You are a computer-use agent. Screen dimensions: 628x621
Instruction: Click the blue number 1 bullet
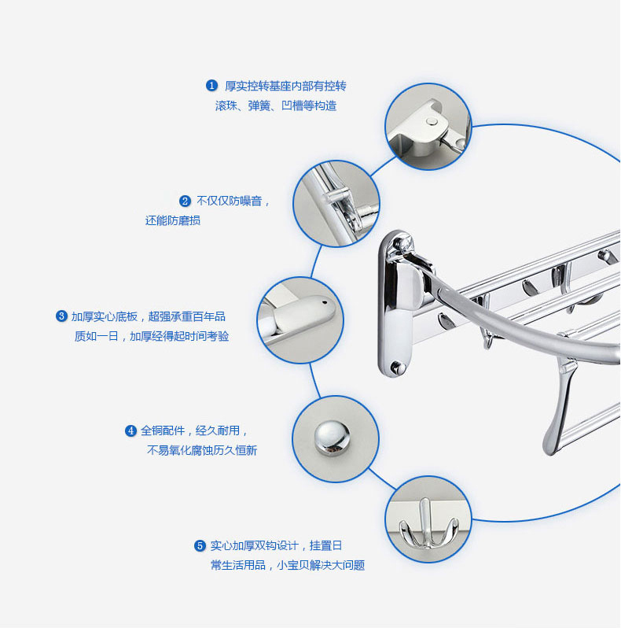[x=211, y=85]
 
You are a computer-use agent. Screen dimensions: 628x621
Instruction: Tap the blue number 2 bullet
[x=186, y=201]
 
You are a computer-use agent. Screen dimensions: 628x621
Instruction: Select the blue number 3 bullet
[x=61, y=316]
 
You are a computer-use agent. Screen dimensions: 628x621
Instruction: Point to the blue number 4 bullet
[x=131, y=430]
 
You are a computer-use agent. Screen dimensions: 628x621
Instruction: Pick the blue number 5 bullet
[x=200, y=545]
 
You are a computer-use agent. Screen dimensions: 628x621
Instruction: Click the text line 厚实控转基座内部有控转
[x=285, y=86]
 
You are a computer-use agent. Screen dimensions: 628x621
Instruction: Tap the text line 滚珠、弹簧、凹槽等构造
[x=276, y=105]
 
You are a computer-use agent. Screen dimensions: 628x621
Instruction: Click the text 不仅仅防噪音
[x=233, y=201]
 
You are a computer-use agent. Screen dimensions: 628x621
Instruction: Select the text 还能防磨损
[x=173, y=220]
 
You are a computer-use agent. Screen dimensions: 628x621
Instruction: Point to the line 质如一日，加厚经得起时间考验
[x=152, y=336]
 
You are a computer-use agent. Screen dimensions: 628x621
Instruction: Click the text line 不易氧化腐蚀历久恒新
[x=202, y=450]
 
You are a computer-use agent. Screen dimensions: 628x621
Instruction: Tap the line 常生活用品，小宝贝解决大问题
[x=287, y=565]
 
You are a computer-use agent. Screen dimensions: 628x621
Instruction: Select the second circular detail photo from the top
[x=336, y=204]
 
